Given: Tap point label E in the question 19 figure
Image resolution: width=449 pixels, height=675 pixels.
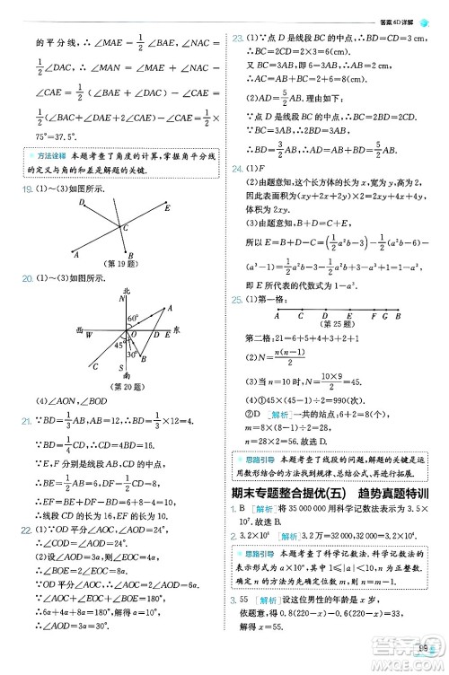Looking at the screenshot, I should point(168,207).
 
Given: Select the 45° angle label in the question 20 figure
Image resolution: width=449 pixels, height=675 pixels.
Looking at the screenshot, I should point(118,344).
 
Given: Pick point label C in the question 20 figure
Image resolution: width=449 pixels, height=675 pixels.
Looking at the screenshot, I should point(94,366).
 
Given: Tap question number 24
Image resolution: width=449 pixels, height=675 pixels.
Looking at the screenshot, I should point(237,169).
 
